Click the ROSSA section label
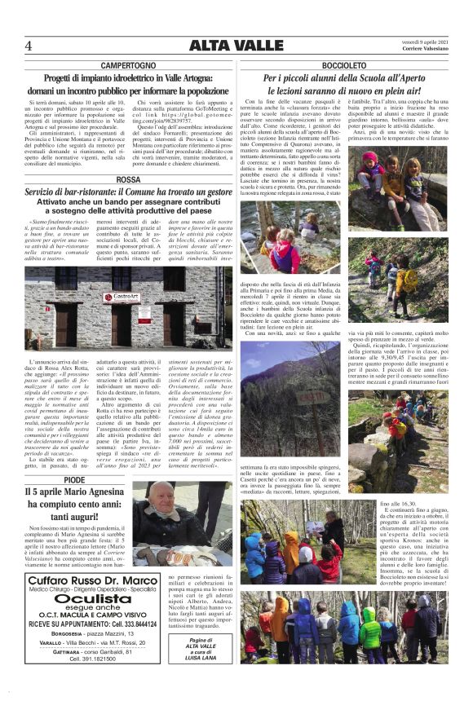129,179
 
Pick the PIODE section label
73,480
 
